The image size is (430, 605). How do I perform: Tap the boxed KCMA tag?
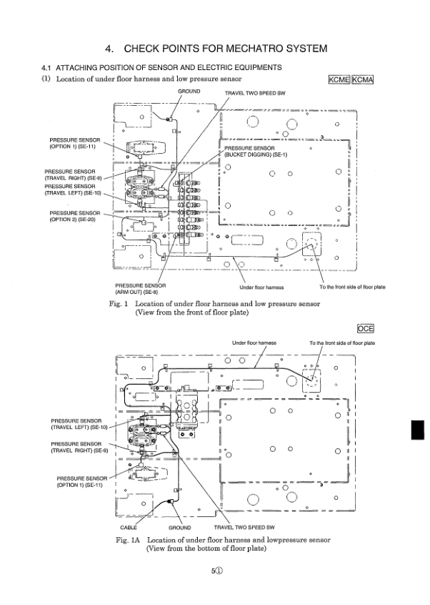[x=363, y=80]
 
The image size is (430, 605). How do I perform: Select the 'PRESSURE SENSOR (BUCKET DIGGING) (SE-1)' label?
[x=255, y=152]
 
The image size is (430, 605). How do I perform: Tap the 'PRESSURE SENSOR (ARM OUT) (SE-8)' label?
[x=141, y=288]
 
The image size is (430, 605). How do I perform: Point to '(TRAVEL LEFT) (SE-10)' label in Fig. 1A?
[x=79, y=427]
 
